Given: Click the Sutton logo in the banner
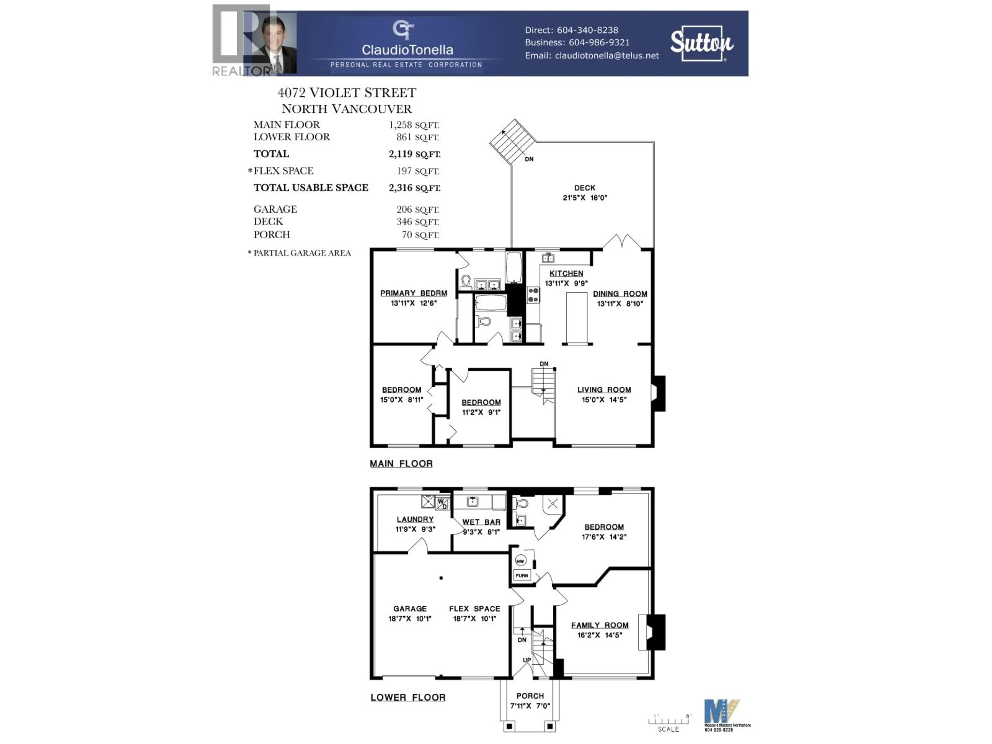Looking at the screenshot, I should pyautogui.click(x=701, y=43).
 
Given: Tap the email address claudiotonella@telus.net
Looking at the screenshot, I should pyautogui.click(x=607, y=56).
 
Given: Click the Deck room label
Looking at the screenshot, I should pyautogui.click(x=585, y=188).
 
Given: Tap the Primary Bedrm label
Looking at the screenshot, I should pyautogui.click(x=414, y=293).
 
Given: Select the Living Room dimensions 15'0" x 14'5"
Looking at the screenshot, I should pyautogui.click(x=604, y=400).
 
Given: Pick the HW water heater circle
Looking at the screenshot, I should pyautogui.click(x=520, y=561).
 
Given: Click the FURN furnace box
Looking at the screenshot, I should pyautogui.click(x=522, y=575).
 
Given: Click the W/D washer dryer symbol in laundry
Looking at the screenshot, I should pyautogui.click(x=442, y=503).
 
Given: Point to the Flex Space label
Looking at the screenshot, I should pyautogui.click(x=475, y=609).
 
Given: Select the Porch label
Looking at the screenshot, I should pyautogui.click(x=530, y=696).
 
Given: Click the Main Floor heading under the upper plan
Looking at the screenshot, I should pyautogui.click(x=401, y=464).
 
